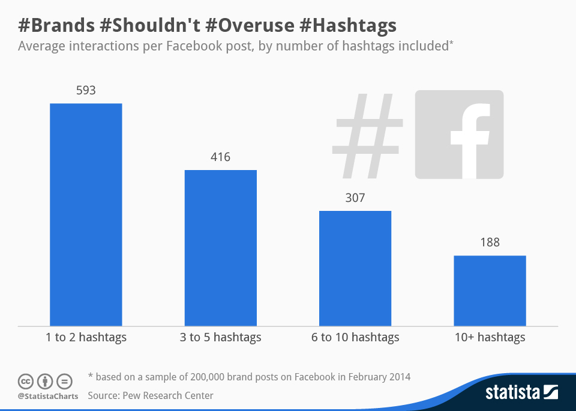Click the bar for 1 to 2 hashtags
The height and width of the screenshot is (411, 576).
tap(86, 215)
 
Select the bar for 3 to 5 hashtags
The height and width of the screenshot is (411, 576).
tap(220, 248)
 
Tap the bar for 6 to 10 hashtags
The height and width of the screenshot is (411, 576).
tap(355, 268)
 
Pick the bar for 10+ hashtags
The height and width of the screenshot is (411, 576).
tap(490, 291)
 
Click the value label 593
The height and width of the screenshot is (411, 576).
tap(86, 91)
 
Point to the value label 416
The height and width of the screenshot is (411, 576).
tap(220, 157)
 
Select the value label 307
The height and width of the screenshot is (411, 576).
tap(355, 198)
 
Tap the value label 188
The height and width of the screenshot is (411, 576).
tap(490, 243)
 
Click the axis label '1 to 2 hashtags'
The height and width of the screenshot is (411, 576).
tap(86, 337)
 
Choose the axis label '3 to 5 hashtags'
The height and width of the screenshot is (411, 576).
tap(220, 337)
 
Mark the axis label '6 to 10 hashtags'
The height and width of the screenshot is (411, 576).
tap(355, 337)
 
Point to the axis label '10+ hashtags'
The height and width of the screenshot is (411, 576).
tap(490, 337)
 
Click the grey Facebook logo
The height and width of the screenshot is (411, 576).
tap(459, 134)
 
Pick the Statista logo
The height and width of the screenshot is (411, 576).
tap(521, 393)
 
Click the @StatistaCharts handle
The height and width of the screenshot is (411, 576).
tap(47, 396)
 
